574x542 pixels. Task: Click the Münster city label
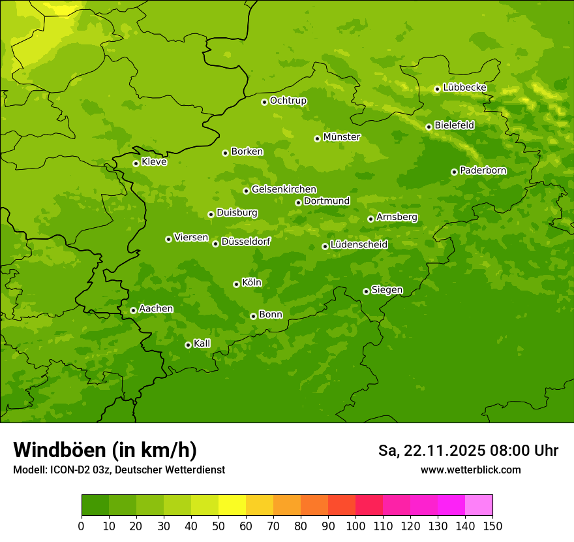[341, 137]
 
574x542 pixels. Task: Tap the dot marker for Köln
[236, 284]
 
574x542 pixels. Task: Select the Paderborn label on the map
[483, 170]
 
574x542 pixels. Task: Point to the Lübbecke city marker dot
[437, 89]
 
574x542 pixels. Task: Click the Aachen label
[156, 309]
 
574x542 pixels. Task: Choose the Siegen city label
[387, 290]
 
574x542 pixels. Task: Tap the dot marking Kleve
[136, 163]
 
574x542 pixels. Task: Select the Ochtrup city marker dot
[264, 102]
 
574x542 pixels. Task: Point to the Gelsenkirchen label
[284, 189]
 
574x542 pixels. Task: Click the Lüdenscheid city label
[359, 245]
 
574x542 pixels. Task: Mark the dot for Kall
[188, 345]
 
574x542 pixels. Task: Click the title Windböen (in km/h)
[105, 450]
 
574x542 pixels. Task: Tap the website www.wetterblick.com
[470, 470]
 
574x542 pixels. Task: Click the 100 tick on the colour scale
[355, 526]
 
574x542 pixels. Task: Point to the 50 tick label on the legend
[219, 526]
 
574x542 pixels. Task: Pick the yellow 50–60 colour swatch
[232, 505]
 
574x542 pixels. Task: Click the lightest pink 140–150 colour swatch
[479, 505]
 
